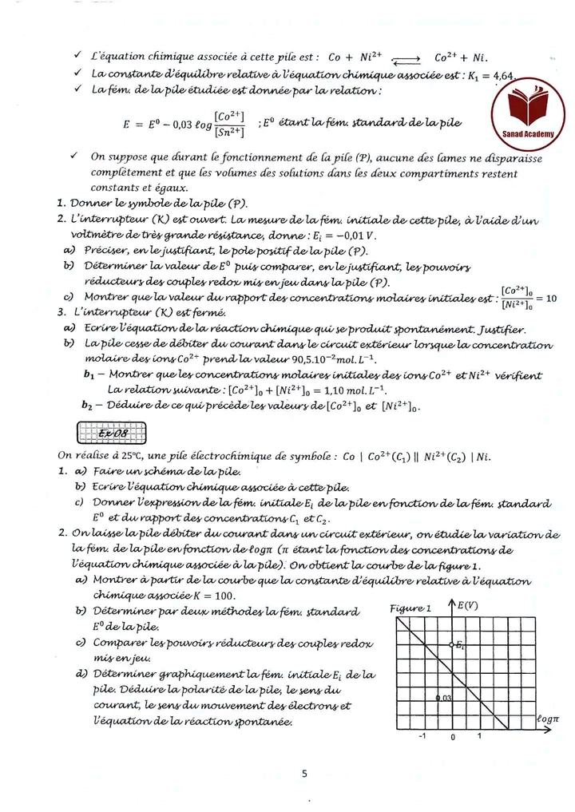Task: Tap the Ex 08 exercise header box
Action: [110, 434]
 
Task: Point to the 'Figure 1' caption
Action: [410, 608]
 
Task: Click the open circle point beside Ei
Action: [450, 644]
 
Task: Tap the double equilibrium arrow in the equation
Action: [406, 57]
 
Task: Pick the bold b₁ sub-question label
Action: [89, 374]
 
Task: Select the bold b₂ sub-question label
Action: [89, 405]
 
